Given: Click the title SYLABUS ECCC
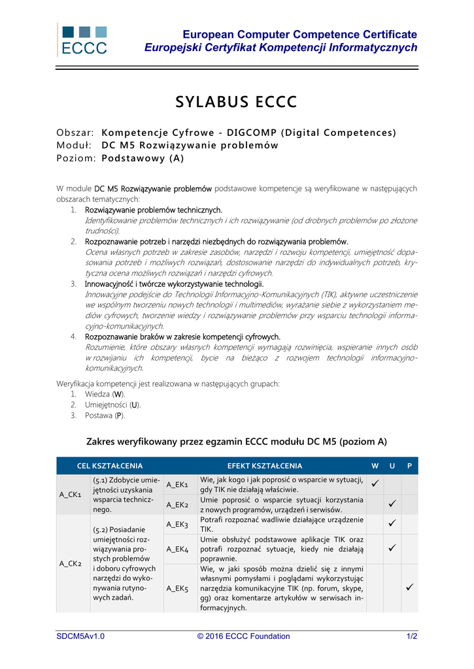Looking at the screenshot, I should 236,102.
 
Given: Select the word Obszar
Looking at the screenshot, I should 76,133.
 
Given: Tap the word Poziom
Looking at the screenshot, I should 76,158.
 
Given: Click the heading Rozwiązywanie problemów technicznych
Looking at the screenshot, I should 154,210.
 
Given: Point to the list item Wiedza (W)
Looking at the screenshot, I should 105,395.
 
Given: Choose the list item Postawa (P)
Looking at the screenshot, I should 105,416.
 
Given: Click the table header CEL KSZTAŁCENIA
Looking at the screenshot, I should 110,466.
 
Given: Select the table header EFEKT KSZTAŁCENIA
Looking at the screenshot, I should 265,466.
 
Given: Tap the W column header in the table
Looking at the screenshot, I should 375,466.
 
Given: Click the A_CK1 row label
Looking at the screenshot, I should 71,495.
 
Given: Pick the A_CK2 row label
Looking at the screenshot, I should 71,563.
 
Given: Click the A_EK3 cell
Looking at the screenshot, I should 177,525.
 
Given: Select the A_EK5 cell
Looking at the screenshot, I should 177,588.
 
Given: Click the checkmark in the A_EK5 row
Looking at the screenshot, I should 409,588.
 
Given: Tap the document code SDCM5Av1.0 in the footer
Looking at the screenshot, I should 80,636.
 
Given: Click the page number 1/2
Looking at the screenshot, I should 412,636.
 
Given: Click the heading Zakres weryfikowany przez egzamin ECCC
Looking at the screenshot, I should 237,441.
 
